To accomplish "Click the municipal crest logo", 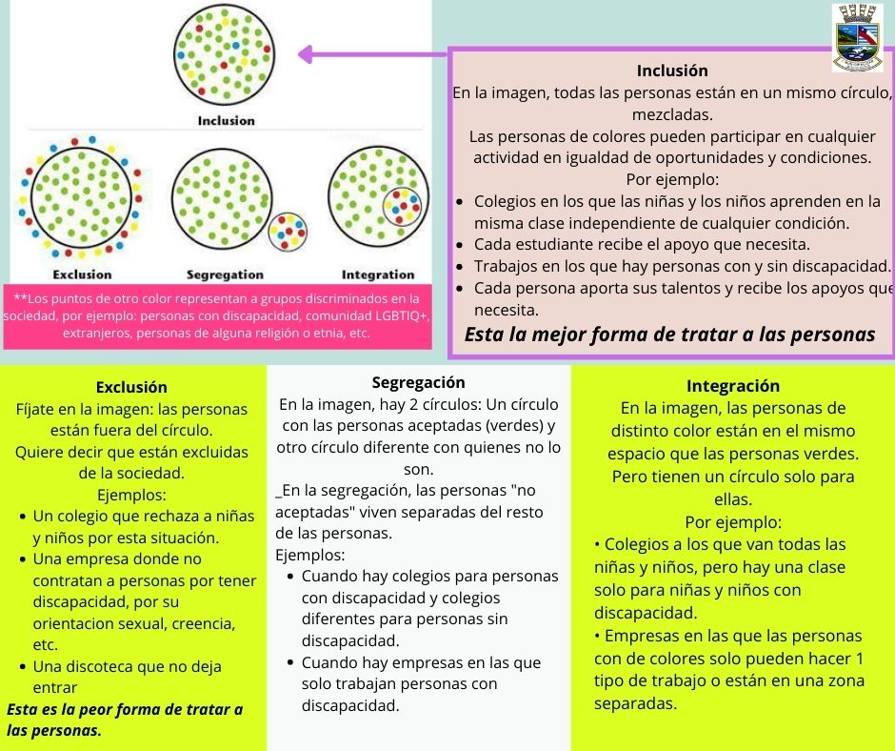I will point(857,37).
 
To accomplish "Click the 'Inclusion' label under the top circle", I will point(227,121).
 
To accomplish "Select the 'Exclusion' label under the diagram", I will point(82,274).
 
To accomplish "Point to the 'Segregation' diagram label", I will point(225,274).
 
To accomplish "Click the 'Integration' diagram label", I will point(378,274).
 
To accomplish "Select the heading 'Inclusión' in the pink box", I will point(672,71).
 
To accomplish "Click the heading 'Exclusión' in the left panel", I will point(131,387).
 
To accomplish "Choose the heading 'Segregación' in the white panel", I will point(419,382).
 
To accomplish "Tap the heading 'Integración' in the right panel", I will point(732,386).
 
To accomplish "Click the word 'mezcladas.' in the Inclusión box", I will point(672,113).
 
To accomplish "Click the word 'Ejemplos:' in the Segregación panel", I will point(310,554).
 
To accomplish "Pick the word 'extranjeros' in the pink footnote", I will point(97,334).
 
